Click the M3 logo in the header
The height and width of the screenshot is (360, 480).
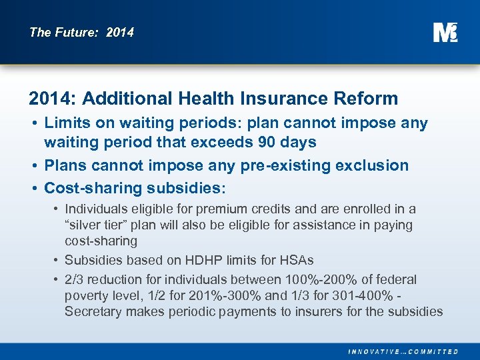click(445, 32)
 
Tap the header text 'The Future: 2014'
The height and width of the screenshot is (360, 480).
click(81, 32)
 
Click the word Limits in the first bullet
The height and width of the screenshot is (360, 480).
click(65, 124)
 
